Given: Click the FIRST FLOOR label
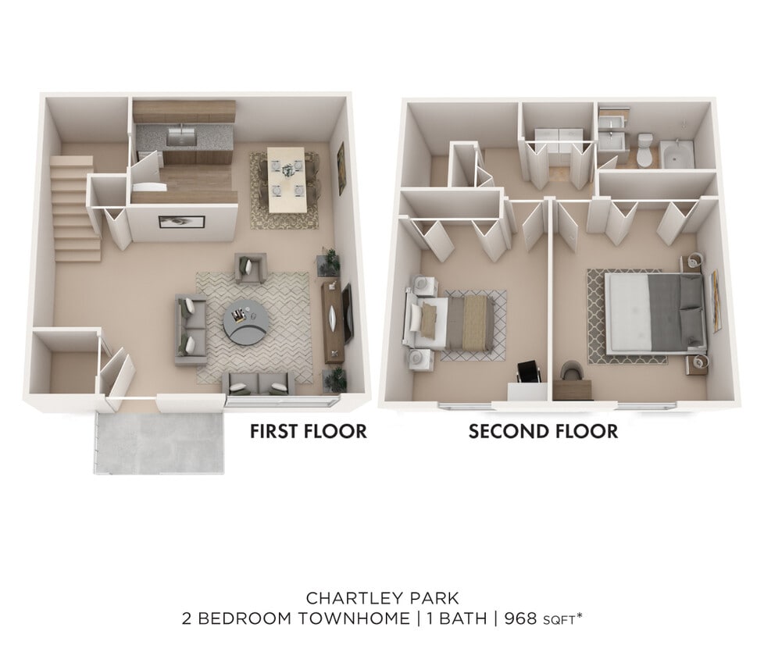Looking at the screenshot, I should [308, 431].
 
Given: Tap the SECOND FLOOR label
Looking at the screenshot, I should [543, 431].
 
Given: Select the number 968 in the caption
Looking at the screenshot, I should [522, 619].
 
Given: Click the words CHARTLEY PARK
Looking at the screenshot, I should [382, 599].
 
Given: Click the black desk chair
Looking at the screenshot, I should [529, 372].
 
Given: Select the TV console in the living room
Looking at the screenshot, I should [334, 321].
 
